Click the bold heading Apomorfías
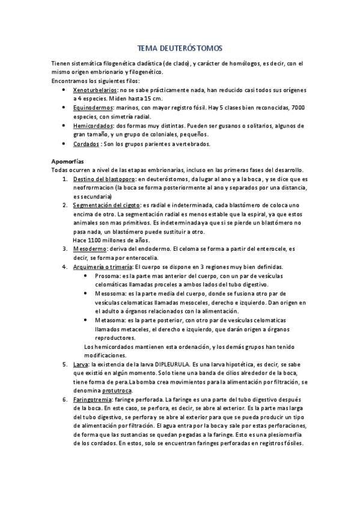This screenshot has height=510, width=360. pos(68,161)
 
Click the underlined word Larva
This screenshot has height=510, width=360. pos(80,364)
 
